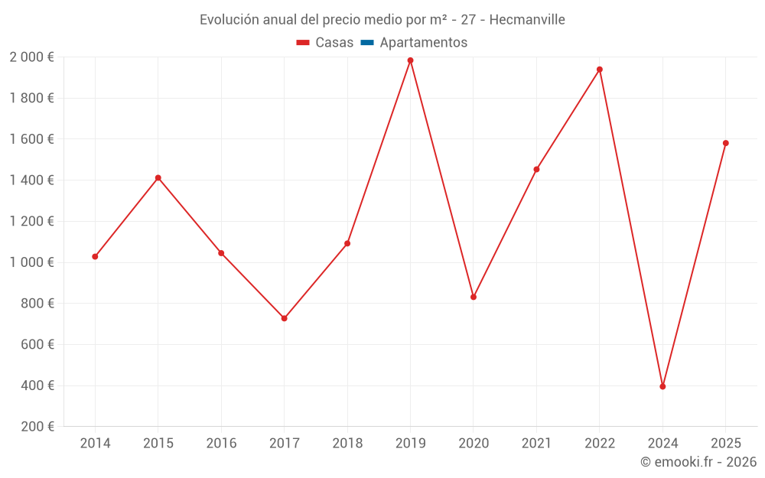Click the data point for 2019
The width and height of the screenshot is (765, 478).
pos(410,60)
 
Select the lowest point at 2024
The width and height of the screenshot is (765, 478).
pos(662,386)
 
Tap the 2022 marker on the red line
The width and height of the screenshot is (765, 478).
pos(600,70)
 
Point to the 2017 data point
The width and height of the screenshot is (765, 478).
pos(285,318)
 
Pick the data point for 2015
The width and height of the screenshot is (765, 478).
pos(158,178)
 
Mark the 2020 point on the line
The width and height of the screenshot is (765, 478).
pos(474,297)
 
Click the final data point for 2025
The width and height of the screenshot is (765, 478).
pos(726,143)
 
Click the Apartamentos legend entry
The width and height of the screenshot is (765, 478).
pos(423,43)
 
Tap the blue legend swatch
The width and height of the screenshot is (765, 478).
pos(366,43)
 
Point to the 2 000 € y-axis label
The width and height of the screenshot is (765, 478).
pos(31,57)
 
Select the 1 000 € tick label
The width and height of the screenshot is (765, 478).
pos(31,262)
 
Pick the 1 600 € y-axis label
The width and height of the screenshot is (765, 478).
pos(31,139)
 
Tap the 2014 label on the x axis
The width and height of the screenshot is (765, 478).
pos(95,444)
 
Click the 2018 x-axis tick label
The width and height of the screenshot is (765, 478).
pos(347,444)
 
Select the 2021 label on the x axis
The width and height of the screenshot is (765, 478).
pos(536,444)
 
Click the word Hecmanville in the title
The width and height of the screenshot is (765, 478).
pos(527,20)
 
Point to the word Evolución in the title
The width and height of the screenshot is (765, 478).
pos(226,20)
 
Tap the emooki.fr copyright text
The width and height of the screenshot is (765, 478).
pos(698,462)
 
